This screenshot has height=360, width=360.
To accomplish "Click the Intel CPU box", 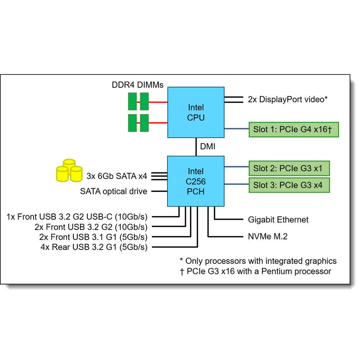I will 196,112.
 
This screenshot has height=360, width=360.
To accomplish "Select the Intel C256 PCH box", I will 196,181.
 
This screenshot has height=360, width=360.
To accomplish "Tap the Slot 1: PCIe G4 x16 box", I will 294,130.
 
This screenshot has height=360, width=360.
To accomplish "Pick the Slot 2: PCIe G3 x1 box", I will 289,168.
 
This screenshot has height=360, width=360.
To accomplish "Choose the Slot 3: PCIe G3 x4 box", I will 289,185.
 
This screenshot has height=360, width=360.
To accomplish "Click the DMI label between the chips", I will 208,147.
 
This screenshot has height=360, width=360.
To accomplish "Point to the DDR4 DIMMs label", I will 138,85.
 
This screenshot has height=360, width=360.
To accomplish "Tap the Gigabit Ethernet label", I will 278,220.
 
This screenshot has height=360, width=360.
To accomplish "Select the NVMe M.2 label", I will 267,237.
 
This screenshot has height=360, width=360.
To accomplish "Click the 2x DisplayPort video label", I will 287,99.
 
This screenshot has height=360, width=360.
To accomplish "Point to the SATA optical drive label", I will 113,192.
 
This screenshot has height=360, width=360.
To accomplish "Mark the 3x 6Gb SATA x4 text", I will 117,176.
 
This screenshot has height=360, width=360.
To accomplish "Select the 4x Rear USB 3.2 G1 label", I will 94,247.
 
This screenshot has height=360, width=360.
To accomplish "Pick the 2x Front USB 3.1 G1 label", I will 93,237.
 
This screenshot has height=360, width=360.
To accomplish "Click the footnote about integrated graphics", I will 258,261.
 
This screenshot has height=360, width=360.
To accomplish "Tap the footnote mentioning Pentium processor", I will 255,271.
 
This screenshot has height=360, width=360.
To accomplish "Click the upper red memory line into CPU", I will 158,102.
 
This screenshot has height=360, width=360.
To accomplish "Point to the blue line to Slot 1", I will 237,129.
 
